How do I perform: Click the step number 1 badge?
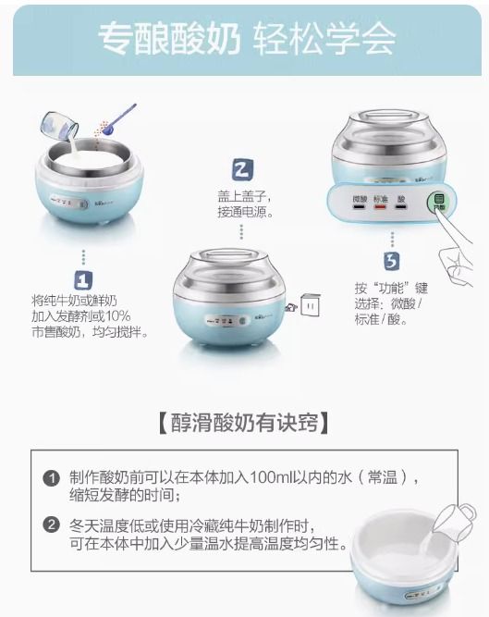coord(83,279)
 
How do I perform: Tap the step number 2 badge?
coord(242,170)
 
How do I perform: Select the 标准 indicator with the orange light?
coord(380,201)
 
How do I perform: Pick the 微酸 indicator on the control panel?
coord(357,201)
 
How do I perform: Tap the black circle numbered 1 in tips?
coord(52,477)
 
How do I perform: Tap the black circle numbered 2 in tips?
coord(52,525)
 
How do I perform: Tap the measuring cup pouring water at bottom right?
coord(456,522)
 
